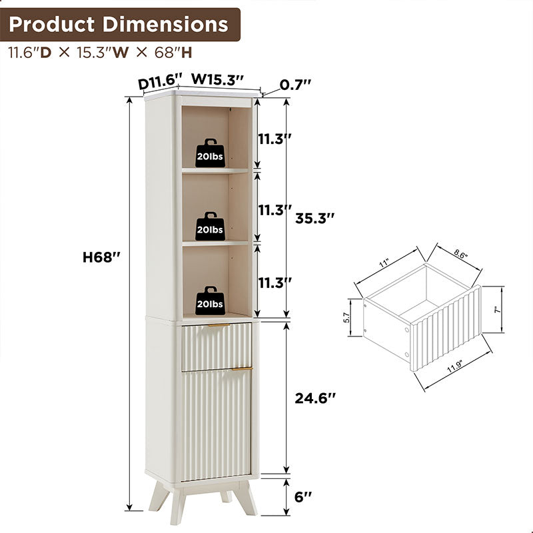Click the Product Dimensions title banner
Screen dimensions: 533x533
coord(119,25)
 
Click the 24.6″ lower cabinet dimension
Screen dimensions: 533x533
coord(315,398)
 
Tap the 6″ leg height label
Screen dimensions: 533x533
coord(303,496)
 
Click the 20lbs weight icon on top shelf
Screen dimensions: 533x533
coord(210,153)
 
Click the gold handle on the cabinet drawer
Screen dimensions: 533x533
coord(218,326)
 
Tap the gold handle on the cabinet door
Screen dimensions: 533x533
coord(242,368)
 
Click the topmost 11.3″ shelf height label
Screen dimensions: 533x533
coord(275,139)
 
